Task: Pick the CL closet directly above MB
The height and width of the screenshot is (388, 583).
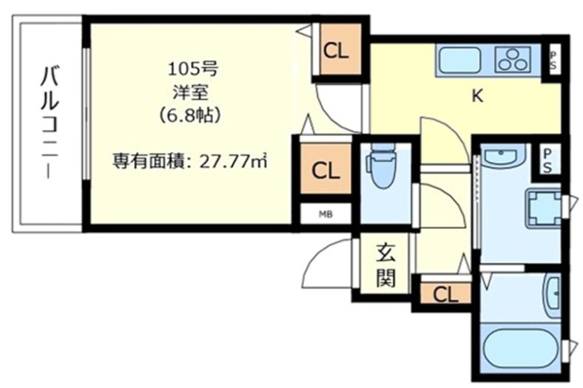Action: click(326, 171)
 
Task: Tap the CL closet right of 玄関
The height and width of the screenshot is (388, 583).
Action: click(445, 294)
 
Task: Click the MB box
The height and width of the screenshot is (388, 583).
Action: click(326, 214)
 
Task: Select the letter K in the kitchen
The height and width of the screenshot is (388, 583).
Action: click(478, 95)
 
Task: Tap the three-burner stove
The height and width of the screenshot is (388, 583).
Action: click(515, 59)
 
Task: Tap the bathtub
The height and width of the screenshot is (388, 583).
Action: click(521, 348)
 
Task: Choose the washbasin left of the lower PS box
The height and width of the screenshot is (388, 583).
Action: click(503, 154)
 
